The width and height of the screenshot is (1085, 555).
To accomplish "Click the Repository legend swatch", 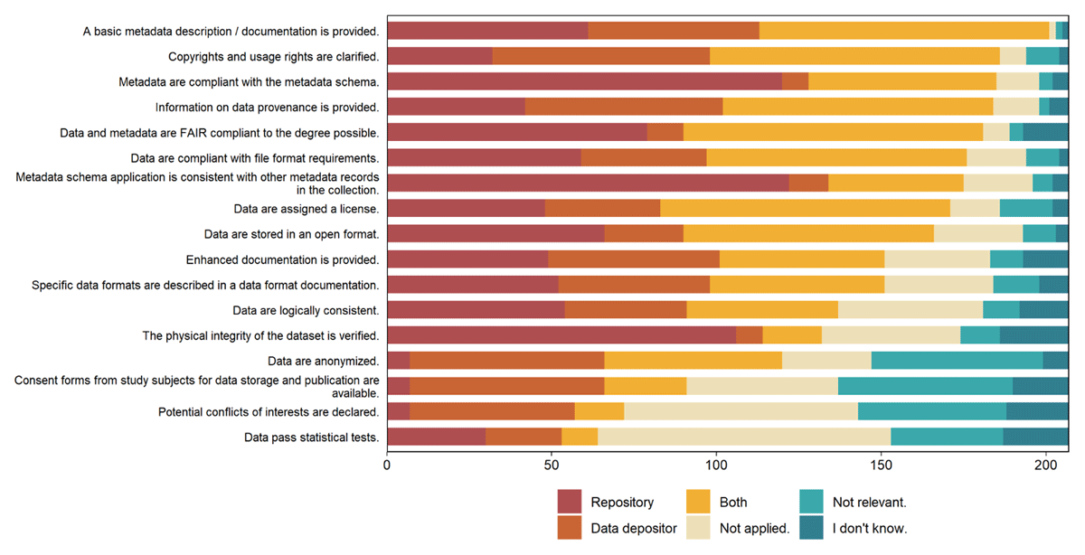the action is click(x=569, y=502).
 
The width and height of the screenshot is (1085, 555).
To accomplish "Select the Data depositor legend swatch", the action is click(x=569, y=527).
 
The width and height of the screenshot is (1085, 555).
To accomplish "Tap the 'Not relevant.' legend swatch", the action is click(x=811, y=502).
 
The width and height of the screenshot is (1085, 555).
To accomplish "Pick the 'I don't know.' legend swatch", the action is click(x=811, y=527).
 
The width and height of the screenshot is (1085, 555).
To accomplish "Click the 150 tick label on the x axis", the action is click(x=881, y=466).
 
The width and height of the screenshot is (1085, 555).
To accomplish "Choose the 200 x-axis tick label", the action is click(x=1046, y=466).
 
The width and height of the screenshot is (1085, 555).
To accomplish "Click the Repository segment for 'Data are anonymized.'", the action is click(x=399, y=361).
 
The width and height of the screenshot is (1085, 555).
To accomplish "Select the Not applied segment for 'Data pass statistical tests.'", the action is click(x=744, y=437).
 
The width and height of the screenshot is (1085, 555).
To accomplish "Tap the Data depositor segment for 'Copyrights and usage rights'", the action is click(x=601, y=56).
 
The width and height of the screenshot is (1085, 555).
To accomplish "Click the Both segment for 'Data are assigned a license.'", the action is click(x=805, y=208).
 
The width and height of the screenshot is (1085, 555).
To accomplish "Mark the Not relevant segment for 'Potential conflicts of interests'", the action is click(x=932, y=411).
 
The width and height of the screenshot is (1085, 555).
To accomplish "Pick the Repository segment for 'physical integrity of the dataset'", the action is click(x=561, y=335).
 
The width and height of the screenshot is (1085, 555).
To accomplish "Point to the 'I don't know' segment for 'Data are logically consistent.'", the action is click(x=1043, y=310).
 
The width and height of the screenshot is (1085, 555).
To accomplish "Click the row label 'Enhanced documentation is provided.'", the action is click(x=282, y=260).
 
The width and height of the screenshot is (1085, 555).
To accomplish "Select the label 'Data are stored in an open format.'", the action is click(x=291, y=234).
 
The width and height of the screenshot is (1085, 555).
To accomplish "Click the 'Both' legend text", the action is click(x=733, y=503).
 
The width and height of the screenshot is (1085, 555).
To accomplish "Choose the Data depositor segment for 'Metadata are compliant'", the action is click(x=796, y=81).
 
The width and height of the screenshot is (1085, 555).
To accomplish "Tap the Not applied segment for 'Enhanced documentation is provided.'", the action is click(x=938, y=259).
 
